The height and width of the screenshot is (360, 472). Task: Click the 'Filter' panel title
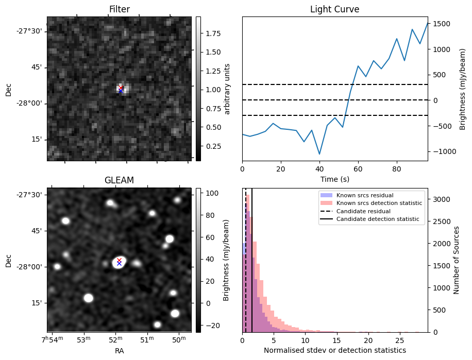pos(119,9)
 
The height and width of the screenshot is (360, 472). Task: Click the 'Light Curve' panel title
pos(334,9)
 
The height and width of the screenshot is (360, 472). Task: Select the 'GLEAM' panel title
pos(119,180)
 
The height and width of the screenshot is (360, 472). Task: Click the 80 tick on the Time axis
pos(396,169)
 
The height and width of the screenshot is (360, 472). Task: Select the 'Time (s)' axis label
pos(334,179)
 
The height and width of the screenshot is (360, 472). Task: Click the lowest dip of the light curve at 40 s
pos(319,154)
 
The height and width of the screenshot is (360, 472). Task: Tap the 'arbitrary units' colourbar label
pos(227,89)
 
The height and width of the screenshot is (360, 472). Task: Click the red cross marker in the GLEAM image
pos(119,260)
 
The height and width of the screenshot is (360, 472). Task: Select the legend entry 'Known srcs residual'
pos(364,196)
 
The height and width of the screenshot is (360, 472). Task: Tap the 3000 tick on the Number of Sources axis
pos(440,199)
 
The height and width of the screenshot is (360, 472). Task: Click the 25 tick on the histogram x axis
pos(399,340)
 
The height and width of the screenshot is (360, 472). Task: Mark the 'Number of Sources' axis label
pos(457,260)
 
